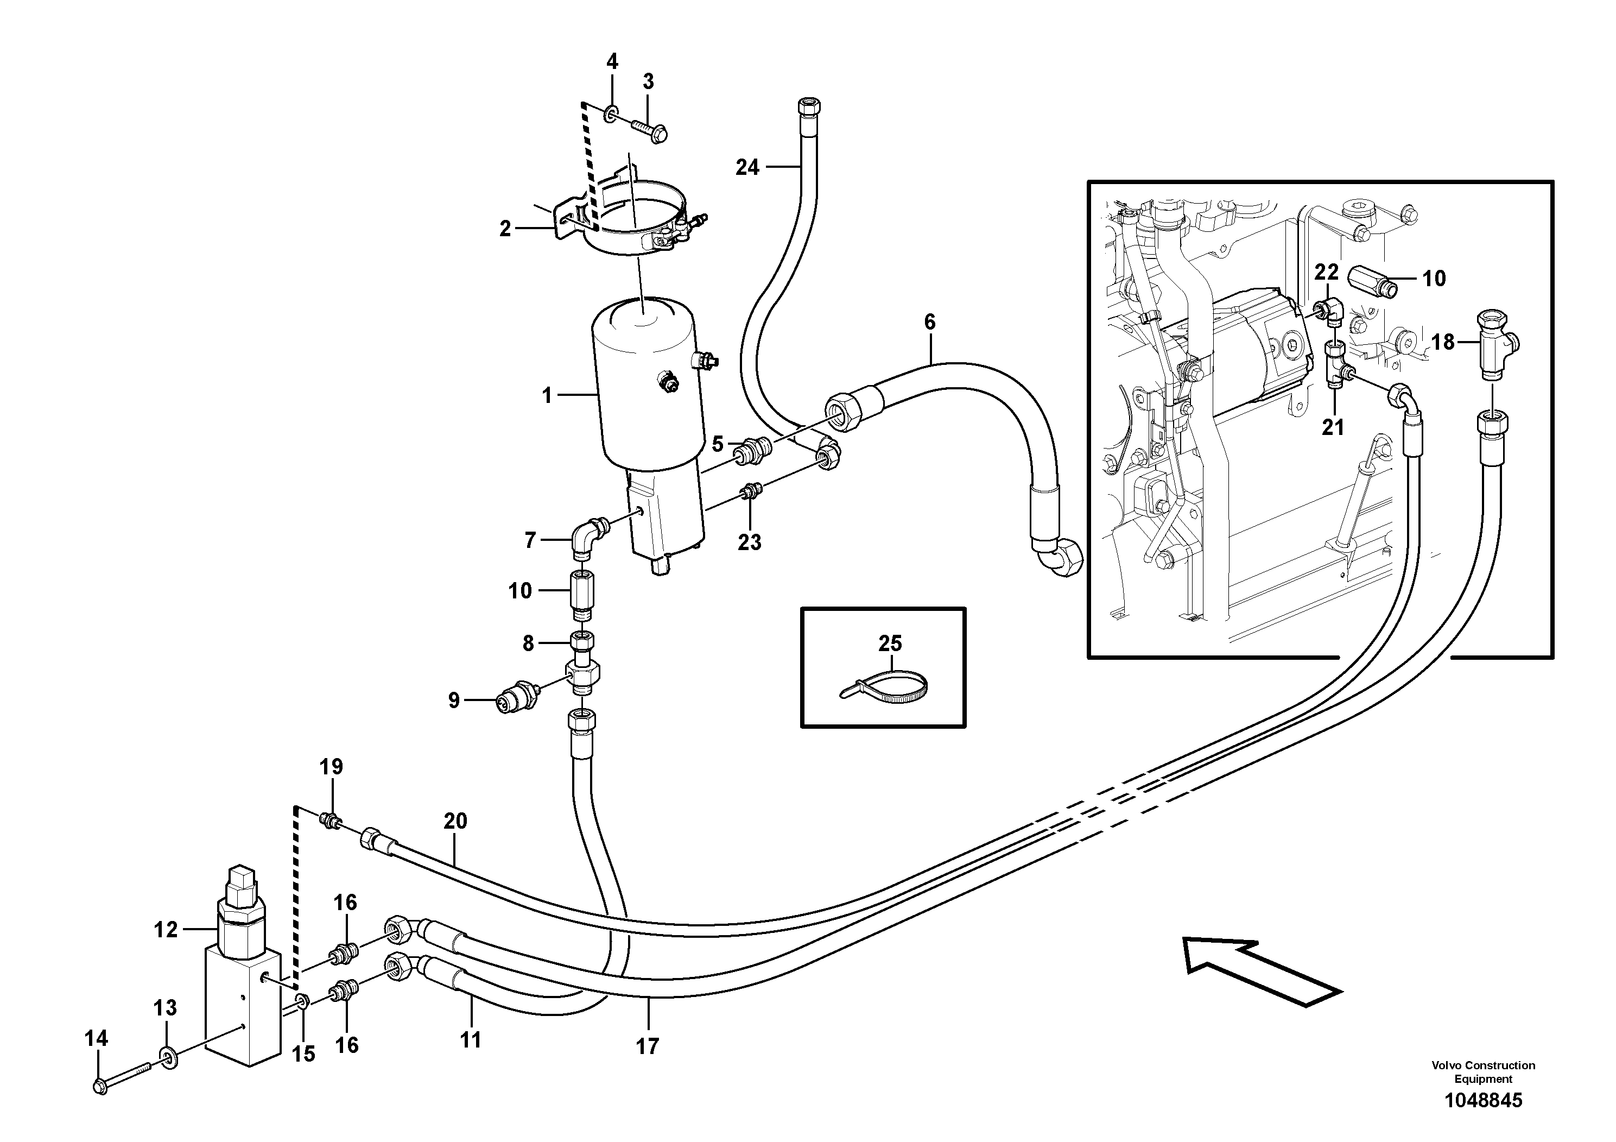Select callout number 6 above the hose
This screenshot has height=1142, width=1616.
point(930,322)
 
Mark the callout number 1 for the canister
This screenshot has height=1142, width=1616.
point(547,396)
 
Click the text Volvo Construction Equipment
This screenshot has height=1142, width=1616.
point(1483,1071)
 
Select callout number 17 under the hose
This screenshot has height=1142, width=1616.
point(648,1046)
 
